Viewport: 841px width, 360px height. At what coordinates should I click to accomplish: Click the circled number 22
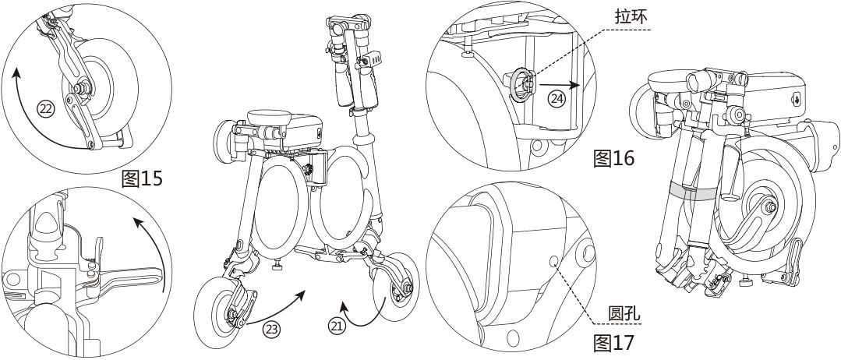coord(47,110)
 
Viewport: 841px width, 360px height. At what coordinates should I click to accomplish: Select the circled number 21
coord(337,328)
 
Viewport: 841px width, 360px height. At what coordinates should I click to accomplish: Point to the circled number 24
coord(556,99)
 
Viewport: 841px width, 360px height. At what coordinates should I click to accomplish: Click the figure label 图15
coord(143,179)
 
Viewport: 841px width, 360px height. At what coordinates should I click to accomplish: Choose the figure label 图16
coord(614,159)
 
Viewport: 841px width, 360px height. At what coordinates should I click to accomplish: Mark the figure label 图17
coord(614,341)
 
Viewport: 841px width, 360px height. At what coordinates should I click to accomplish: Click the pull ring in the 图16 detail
coord(521,83)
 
